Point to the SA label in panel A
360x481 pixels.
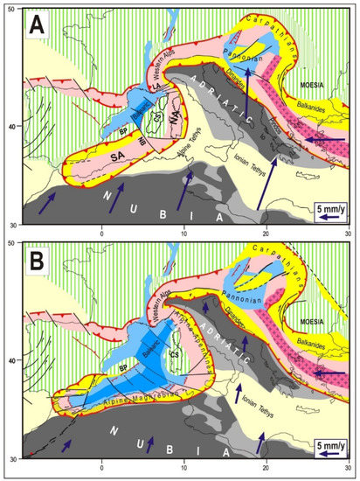point(98,154)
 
